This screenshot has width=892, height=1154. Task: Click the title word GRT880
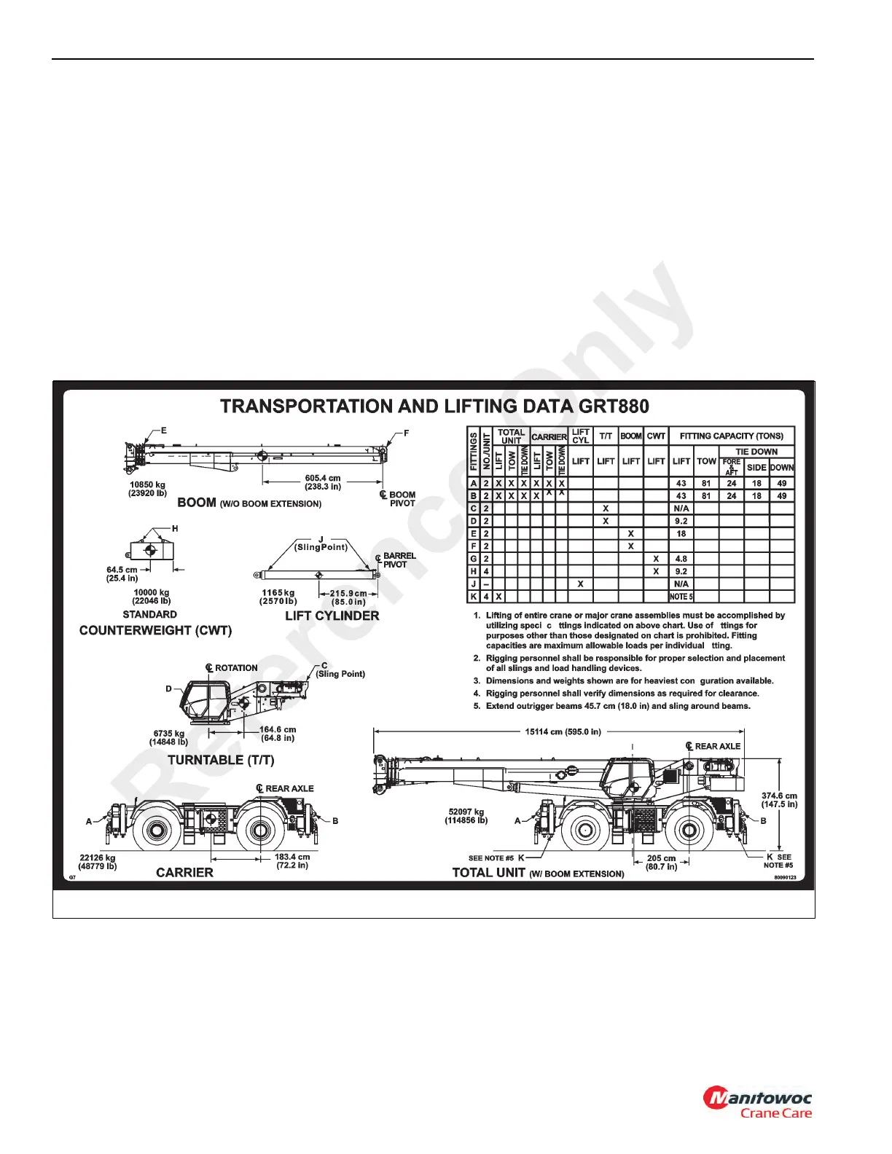[611, 406]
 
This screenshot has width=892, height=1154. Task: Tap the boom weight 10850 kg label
[148, 488]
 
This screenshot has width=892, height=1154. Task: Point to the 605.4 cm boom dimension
[322, 482]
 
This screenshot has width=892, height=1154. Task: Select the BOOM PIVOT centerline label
[399, 498]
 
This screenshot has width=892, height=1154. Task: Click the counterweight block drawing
[151, 550]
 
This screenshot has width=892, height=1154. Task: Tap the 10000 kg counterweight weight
[152, 597]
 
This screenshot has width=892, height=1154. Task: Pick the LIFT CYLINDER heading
[332, 616]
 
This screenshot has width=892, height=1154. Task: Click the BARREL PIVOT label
[398, 560]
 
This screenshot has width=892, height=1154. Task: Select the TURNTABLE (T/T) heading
[221, 760]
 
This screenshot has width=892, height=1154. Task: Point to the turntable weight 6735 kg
[168, 738]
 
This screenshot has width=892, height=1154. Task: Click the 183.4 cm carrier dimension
[292, 861]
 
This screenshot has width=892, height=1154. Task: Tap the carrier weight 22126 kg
[98, 862]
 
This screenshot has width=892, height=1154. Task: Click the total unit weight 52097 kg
[466, 816]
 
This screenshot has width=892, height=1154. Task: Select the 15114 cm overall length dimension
[563, 731]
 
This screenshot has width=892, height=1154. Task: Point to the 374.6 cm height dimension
[779, 800]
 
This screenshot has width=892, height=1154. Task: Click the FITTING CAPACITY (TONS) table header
[731, 436]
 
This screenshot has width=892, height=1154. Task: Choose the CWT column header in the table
[656, 436]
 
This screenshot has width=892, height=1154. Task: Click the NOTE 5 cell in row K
[681, 597]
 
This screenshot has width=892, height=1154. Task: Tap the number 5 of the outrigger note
[477, 706]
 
